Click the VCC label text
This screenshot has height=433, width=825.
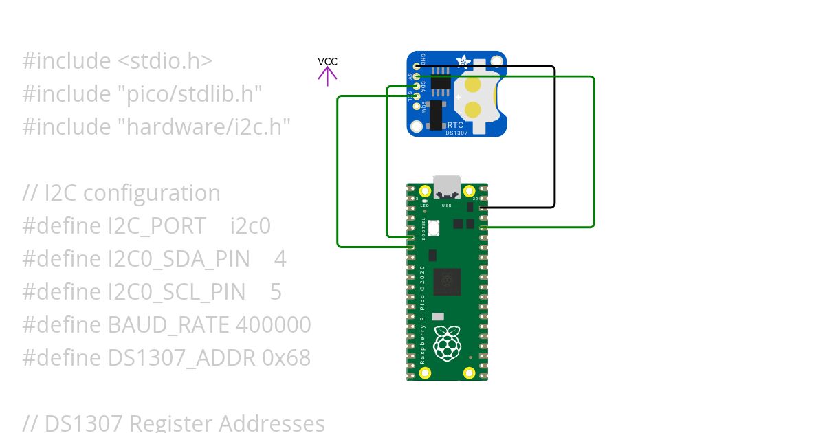[x=327, y=61]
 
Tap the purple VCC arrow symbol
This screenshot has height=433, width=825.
[x=327, y=76]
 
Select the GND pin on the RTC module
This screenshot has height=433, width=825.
[x=416, y=67]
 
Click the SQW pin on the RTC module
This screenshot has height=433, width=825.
[x=416, y=106]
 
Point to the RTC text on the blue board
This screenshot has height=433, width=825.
[x=455, y=125]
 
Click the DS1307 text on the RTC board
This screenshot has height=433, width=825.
[x=456, y=133]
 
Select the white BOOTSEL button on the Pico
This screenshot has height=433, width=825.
[x=433, y=228]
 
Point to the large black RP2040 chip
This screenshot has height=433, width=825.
[x=447, y=281]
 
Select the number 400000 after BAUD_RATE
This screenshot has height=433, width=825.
[x=273, y=324]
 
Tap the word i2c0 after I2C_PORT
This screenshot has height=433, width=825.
[x=250, y=225]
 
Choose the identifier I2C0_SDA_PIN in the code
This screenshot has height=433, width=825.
[x=188, y=258]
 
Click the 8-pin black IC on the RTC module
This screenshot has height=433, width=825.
[x=441, y=84]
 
